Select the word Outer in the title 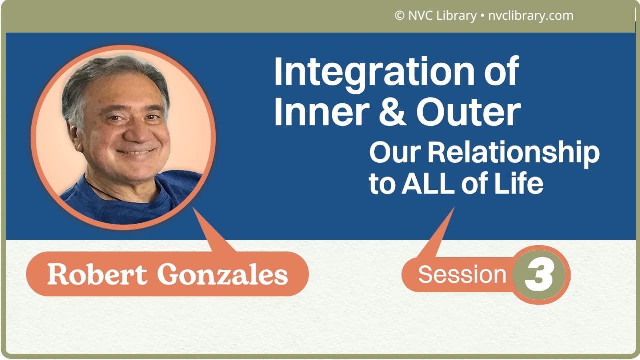(x=468, y=112)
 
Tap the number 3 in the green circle (x=539, y=275)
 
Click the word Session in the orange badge (x=462, y=275)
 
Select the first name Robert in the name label (x=86, y=274)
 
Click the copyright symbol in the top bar (x=399, y=16)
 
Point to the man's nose (x=132, y=130)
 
